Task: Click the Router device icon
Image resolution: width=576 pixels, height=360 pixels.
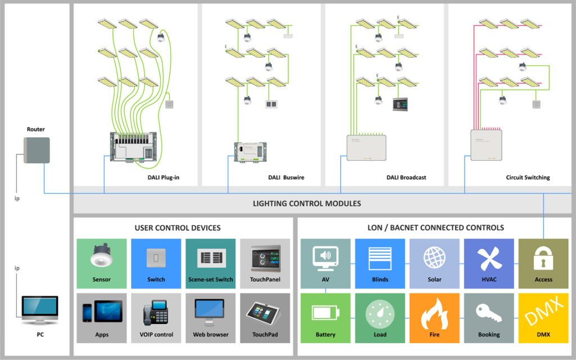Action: coord(37,150)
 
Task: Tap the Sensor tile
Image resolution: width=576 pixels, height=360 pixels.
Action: coord(101,263)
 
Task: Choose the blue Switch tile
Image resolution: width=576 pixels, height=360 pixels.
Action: coord(156,263)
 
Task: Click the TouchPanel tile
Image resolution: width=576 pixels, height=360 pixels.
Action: coord(265,263)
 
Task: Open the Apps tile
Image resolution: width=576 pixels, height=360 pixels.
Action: coord(101,317)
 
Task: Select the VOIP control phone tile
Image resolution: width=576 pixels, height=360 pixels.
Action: coord(156,317)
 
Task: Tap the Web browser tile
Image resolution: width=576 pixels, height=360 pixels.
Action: coord(210,317)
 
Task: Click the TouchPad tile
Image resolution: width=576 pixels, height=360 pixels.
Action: coord(265,317)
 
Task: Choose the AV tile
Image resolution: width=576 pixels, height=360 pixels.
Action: coord(326,263)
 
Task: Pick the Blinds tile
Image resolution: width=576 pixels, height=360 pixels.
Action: coord(380,263)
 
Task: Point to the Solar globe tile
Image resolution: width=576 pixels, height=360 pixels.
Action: coord(434,263)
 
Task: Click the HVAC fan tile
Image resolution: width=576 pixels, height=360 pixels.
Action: coord(489,263)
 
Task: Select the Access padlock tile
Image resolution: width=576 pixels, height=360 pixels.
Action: coord(543,263)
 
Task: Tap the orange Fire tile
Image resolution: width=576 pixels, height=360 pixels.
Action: coord(434,317)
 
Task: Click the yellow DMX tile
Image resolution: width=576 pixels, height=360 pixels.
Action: coord(543,317)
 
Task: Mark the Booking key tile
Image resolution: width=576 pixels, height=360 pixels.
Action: coord(489,317)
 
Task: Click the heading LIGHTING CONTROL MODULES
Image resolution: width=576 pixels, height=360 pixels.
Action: coord(307,203)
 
